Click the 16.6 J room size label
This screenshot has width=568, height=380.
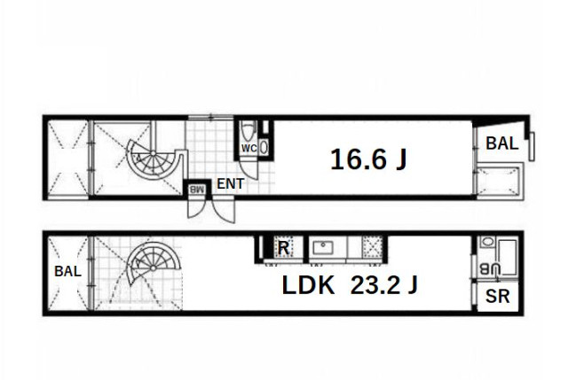pos(368,159)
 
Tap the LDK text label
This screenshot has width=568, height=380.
pos(308,285)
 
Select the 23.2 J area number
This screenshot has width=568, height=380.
pos(384,285)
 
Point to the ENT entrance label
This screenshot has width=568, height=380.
pos(231,183)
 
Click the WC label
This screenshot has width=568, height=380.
pos(249,148)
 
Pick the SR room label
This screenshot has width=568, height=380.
pos(497,297)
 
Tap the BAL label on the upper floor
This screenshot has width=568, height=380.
pos(501,143)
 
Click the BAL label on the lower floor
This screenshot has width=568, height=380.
pos(67,271)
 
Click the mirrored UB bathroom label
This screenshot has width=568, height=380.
pos(490,269)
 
